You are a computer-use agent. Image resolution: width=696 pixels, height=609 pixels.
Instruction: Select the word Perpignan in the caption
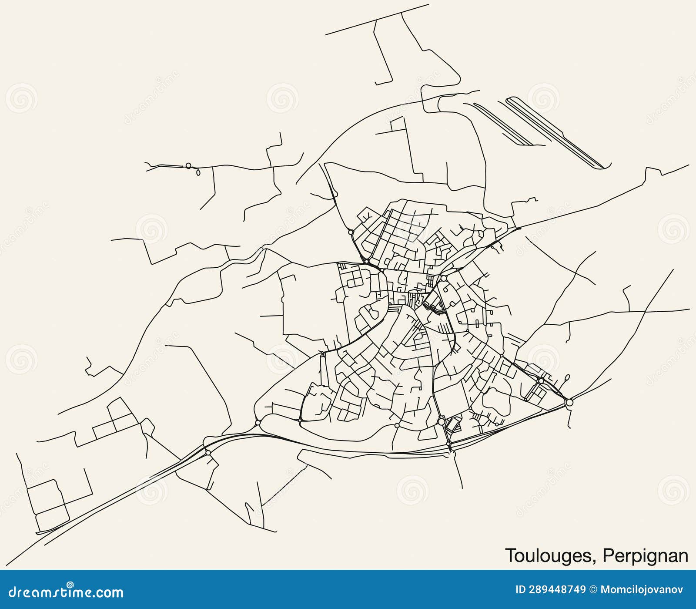click(x=646, y=556)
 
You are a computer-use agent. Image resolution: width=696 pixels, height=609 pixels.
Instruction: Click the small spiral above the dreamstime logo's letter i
click(x=70, y=585)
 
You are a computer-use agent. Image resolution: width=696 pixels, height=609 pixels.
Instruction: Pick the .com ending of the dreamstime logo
click(x=107, y=593)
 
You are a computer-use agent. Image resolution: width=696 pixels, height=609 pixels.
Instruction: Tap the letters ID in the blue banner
click(x=521, y=590)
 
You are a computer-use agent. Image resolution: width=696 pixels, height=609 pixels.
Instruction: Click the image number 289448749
click(x=557, y=590)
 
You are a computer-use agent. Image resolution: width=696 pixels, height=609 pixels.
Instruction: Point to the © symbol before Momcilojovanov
click(x=593, y=590)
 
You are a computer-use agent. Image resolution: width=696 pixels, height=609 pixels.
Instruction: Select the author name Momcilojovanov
click(x=642, y=590)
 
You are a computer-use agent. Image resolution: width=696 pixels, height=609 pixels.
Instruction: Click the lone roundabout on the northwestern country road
click(x=188, y=165)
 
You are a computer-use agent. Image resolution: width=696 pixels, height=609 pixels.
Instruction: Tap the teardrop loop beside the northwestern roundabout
click(x=199, y=173)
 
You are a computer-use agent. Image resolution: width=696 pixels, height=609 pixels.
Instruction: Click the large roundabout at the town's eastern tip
click(x=569, y=403)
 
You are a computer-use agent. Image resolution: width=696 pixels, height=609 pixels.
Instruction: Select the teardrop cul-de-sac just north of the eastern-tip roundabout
click(x=567, y=377)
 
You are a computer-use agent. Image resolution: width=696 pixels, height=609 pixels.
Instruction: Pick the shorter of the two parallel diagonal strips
click(x=503, y=124)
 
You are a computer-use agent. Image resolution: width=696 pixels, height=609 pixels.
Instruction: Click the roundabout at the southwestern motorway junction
click(x=208, y=453)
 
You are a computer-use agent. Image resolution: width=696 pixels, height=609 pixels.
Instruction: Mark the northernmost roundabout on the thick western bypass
click(x=351, y=232)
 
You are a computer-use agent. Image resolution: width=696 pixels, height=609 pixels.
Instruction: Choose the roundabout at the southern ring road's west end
click(x=258, y=422)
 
